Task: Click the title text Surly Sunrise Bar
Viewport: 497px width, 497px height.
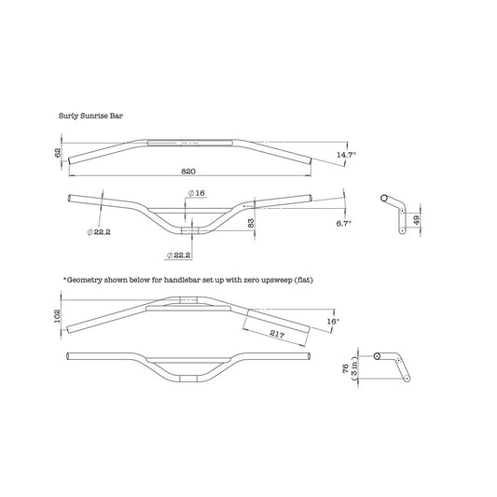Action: click(90, 116)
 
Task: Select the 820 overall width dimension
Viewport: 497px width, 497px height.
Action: click(188, 172)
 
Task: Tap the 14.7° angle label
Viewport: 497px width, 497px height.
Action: click(346, 155)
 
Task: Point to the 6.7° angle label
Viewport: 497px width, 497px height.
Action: click(343, 223)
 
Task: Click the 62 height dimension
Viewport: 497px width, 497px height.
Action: click(58, 153)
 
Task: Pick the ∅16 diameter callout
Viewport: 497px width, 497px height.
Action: click(197, 193)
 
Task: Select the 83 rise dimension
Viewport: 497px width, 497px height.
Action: click(251, 223)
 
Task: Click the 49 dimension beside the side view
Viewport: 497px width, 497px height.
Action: click(417, 219)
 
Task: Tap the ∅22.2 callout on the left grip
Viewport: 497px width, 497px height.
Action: click(99, 232)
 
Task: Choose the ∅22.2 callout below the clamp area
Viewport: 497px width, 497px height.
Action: click(178, 255)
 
